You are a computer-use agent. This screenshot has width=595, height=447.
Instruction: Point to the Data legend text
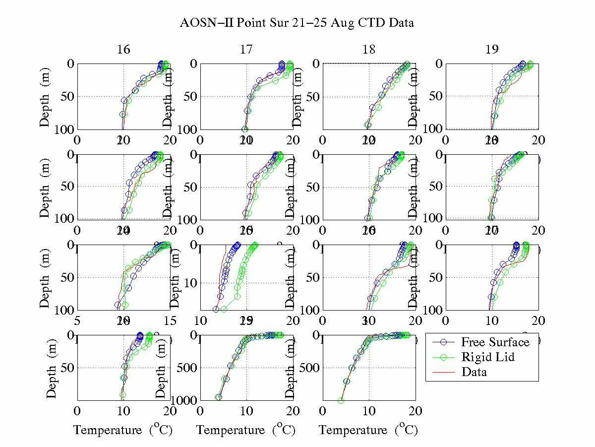(x=474, y=372)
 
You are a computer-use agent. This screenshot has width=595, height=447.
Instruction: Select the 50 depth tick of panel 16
(x=65, y=96)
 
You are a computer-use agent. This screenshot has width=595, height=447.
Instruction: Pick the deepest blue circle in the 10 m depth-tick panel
(x=216, y=309)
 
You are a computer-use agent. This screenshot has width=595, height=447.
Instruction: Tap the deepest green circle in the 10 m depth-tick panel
(x=224, y=309)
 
